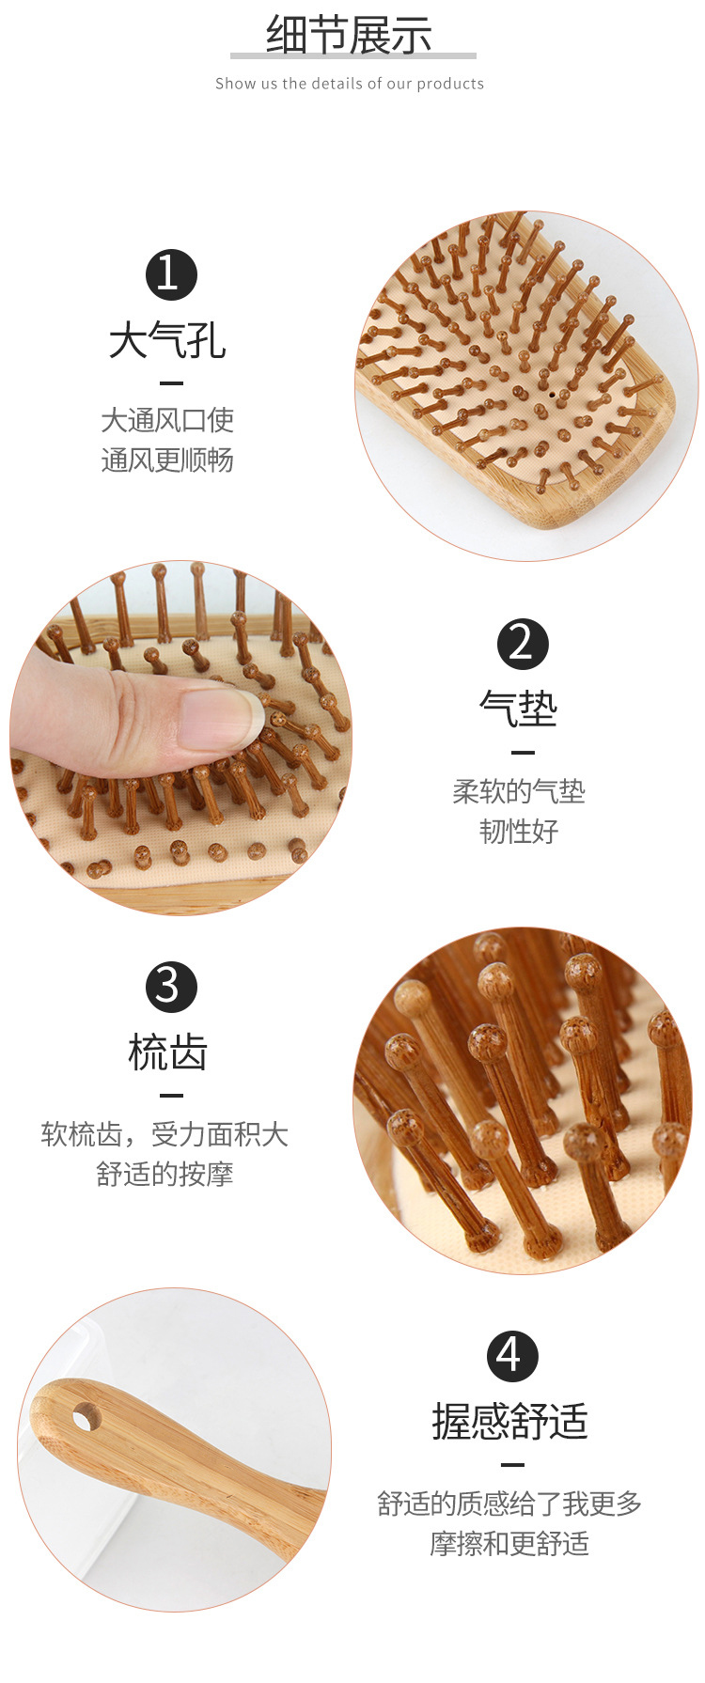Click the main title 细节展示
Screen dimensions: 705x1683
pyautogui.click(x=350, y=36)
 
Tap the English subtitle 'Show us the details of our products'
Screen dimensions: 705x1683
pyautogui.click(x=350, y=84)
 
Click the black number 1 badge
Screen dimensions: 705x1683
pyautogui.click(x=171, y=274)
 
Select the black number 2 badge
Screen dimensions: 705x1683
pyautogui.click(x=523, y=644)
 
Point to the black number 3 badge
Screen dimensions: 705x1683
pyautogui.click(x=171, y=987)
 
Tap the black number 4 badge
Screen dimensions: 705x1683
pyautogui.click(x=512, y=1356)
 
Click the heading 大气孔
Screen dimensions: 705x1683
pyautogui.click(x=167, y=340)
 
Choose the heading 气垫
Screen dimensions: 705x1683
pyautogui.click(x=519, y=709)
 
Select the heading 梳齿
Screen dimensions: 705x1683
pyautogui.click(x=167, y=1052)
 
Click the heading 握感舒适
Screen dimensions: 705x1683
pyautogui.click(x=510, y=1421)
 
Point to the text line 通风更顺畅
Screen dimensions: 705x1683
pyautogui.click(x=167, y=460)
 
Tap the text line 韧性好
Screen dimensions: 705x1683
pyautogui.click(x=519, y=832)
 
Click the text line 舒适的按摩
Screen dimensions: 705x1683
pyautogui.click(x=164, y=1174)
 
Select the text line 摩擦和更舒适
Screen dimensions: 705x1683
pyautogui.click(x=509, y=1543)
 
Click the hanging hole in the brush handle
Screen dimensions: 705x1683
pyautogui.click(x=86, y=1415)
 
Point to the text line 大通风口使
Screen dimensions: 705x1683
pyautogui.click(x=167, y=420)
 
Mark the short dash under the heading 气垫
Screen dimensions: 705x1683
pyautogui.click(x=523, y=753)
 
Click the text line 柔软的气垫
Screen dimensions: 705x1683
pyautogui.click(x=519, y=792)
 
